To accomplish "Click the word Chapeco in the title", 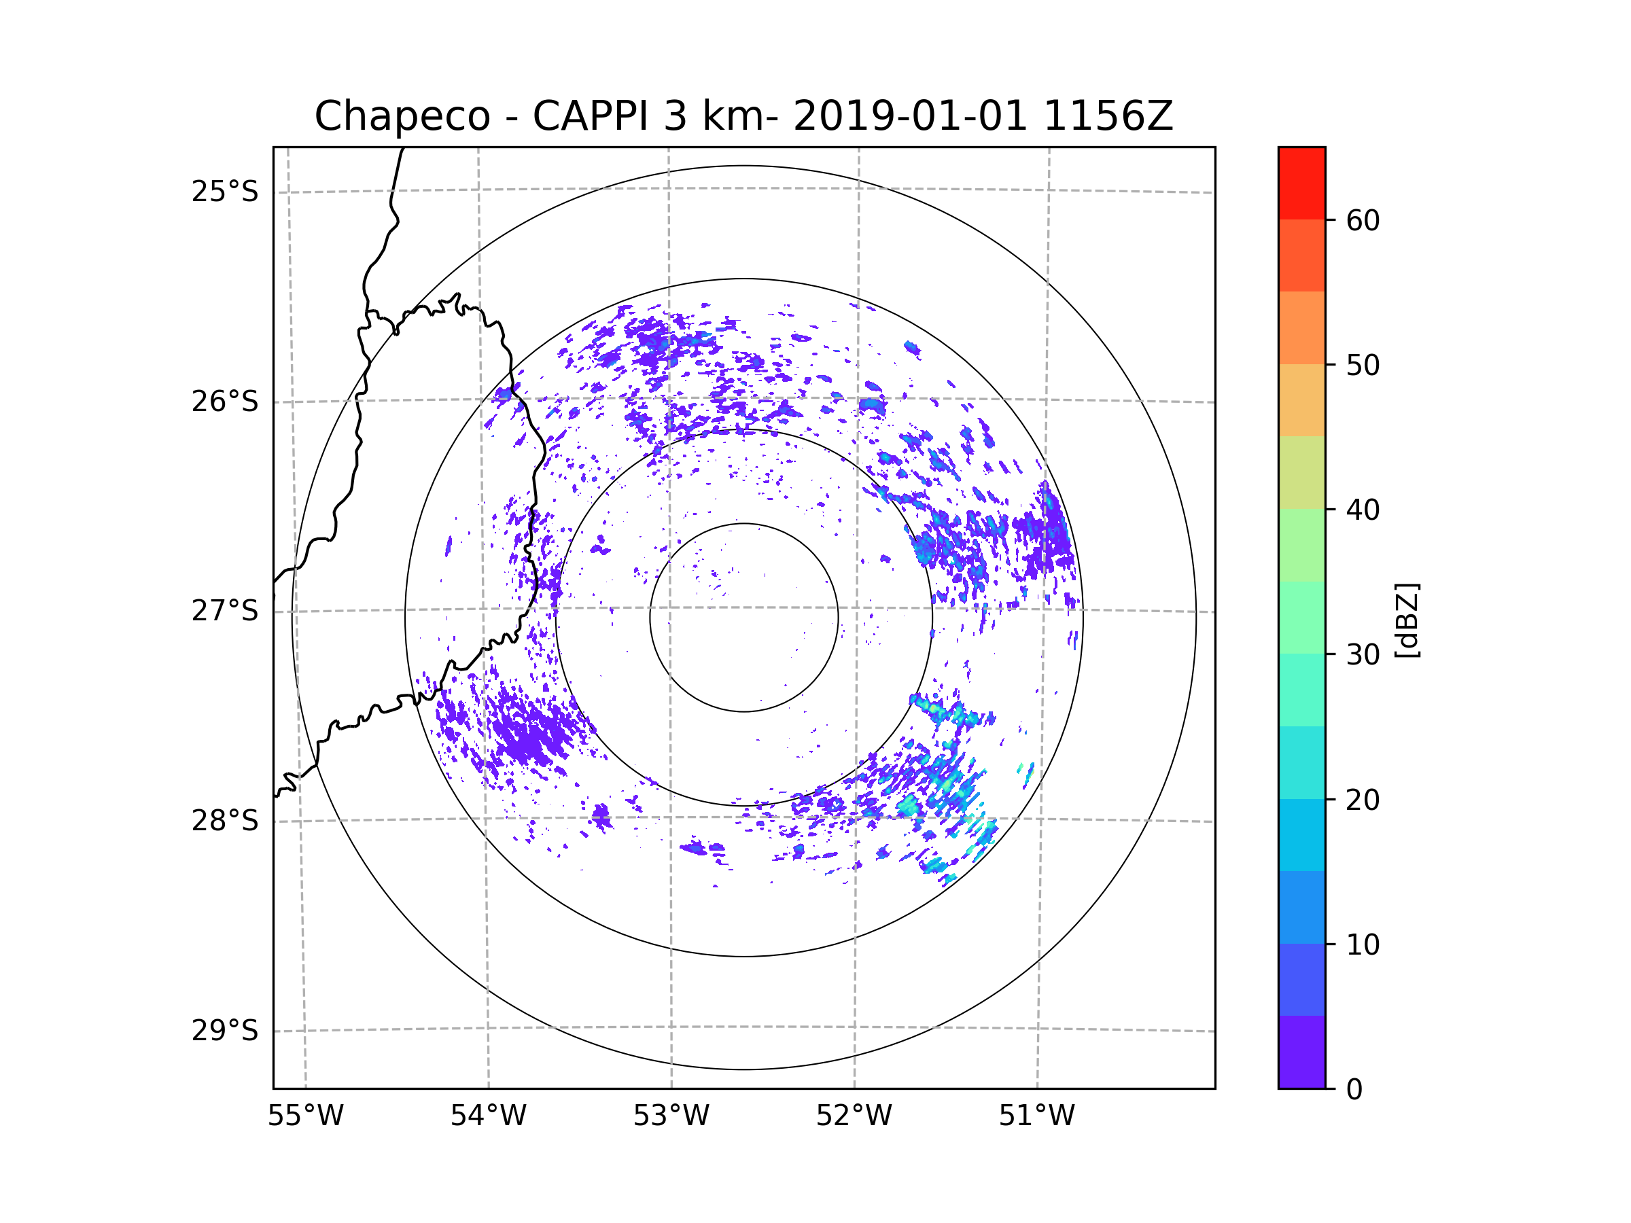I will click(402, 116).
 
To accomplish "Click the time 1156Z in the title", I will click(1108, 116).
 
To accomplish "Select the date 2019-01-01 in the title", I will click(910, 116).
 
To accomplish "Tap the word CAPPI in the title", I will click(590, 116).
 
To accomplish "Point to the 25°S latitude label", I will click(225, 192).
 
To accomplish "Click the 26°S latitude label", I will click(225, 402).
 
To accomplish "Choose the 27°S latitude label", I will click(225, 611).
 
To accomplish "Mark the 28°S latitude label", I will click(225, 821).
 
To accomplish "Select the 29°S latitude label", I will click(225, 1031).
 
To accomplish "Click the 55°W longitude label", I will click(305, 1116).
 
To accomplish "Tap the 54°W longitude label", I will click(488, 1116).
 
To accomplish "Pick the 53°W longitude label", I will click(671, 1116).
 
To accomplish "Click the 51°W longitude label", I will click(1036, 1116).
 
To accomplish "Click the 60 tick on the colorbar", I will click(1363, 220).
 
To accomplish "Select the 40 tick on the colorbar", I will click(1363, 510).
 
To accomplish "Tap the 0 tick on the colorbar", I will click(1354, 1090).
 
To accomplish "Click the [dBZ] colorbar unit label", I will click(1407, 620).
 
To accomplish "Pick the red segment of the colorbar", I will click(1301, 183).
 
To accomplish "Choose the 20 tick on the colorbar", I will click(1363, 800).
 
